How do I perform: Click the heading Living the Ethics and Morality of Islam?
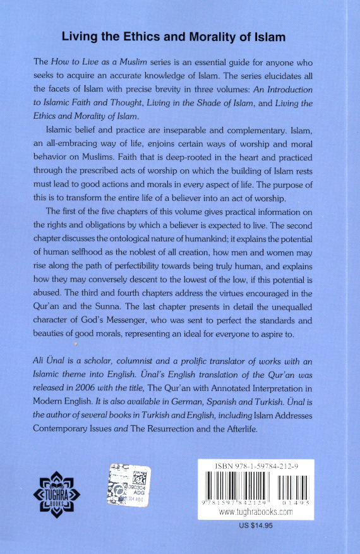(173, 37)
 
